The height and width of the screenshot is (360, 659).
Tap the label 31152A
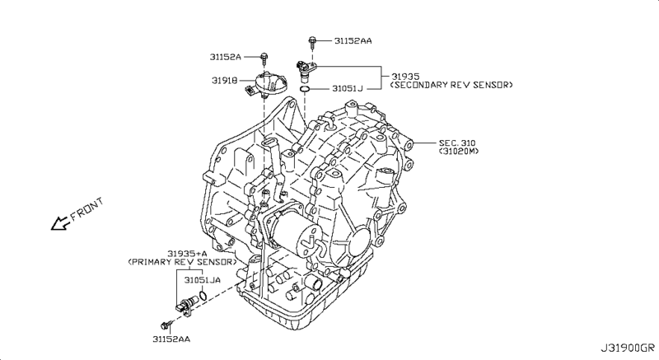point(226,57)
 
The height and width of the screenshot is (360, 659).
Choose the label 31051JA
point(203,280)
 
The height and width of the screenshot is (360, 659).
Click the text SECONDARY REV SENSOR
point(451,85)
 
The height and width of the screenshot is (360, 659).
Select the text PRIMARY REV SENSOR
point(182,262)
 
